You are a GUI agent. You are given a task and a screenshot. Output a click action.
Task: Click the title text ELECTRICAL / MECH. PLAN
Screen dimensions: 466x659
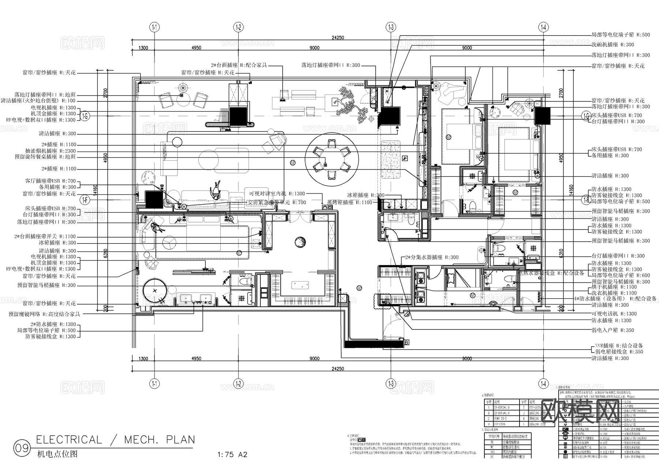click(x=115, y=439)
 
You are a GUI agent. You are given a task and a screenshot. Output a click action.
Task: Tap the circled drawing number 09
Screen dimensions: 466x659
click(x=21, y=448)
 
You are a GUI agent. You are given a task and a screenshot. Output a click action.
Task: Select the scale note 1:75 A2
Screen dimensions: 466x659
click(x=232, y=455)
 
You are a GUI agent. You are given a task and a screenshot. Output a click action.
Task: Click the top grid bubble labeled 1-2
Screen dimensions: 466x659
click(x=238, y=27)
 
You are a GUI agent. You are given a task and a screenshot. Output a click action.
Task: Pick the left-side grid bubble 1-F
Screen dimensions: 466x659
click(x=85, y=200)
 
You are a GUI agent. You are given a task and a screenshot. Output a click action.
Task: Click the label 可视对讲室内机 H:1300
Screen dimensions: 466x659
click(x=277, y=194)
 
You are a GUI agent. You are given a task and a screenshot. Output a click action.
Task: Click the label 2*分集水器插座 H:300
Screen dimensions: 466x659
click(x=432, y=257)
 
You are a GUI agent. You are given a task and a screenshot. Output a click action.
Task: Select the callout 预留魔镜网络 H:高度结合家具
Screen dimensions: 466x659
click(x=44, y=314)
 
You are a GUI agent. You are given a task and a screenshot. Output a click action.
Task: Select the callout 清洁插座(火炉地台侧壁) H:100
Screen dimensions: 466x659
click(x=38, y=101)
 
